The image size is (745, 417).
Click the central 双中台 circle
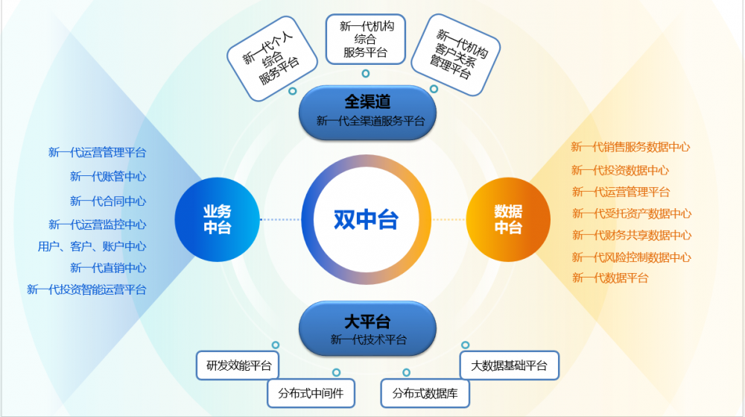(x=367, y=219)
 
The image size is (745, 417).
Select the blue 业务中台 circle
(x=217, y=219)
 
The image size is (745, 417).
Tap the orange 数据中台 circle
(x=508, y=219)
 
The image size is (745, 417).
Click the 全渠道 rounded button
(x=367, y=113)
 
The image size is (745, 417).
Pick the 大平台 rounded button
(x=367, y=328)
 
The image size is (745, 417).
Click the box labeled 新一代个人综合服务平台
(x=272, y=58)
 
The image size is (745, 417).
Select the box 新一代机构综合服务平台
(x=365, y=39)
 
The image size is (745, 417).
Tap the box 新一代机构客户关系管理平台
(x=455, y=54)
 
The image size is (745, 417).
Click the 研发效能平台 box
(x=238, y=366)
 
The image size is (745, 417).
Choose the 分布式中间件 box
(x=311, y=393)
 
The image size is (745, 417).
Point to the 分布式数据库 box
(x=425, y=393)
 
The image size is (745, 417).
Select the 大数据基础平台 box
(x=509, y=366)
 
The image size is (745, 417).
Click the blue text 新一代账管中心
(x=108, y=176)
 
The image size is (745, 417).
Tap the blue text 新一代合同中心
(x=108, y=201)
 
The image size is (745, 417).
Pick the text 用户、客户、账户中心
(x=92, y=246)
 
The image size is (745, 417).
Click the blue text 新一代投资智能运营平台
(x=86, y=289)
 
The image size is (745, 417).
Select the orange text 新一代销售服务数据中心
(x=630, y=147)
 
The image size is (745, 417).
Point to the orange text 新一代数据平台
(x=610, y=278)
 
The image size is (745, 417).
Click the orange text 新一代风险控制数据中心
(x=632, y=257)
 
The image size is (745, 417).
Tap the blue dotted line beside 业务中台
(x=280, y=219)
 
